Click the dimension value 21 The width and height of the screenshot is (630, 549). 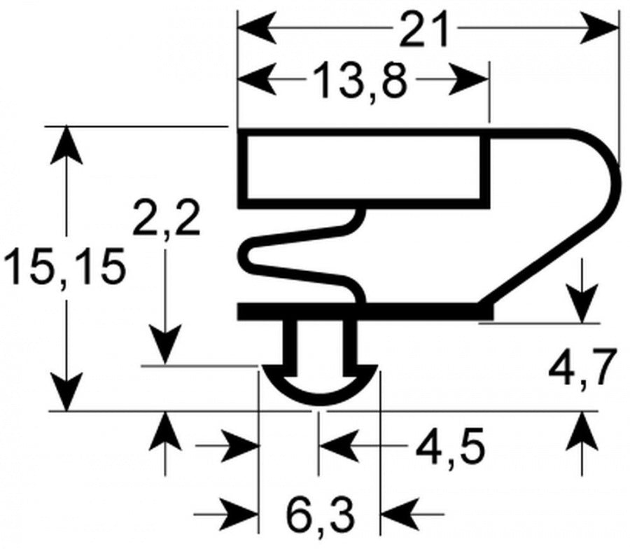point(423,29)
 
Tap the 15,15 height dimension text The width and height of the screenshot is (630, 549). point(63,267)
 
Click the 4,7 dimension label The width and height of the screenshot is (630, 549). point(582,368)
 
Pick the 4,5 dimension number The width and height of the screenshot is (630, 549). point(450,447)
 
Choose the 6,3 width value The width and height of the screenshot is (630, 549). point(321,514)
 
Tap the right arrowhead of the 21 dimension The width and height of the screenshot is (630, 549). point(599,29)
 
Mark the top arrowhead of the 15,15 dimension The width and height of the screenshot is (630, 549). point(66,146)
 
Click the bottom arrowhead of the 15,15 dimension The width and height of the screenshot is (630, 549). point(66,392)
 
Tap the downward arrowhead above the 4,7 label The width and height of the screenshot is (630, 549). point(582,303)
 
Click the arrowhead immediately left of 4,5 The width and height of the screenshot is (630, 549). point(338,446)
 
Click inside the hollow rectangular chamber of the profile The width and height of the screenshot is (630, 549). point(363,168)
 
